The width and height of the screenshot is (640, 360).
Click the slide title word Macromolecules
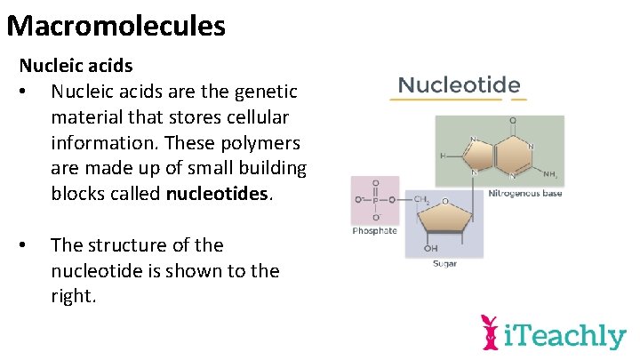[x=116, y=25]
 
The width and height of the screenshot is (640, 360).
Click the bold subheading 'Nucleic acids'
[x=76, y=66]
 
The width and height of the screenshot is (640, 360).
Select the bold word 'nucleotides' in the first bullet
[x=217, y=194]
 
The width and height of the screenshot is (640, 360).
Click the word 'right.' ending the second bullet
[x=73, y=296]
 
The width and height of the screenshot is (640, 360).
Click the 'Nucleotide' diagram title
[x=459, y=85]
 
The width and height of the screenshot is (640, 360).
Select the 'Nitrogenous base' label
[x=524, y=194]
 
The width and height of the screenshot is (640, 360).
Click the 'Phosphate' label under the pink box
[x=374, y=231]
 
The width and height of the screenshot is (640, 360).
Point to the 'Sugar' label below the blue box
[x=444, y=264]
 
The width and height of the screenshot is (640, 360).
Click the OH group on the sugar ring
[x=432, y=248]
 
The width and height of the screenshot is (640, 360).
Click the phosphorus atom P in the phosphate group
[x=374, y=201]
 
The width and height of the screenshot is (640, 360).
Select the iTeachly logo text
[x=565, y=336]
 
